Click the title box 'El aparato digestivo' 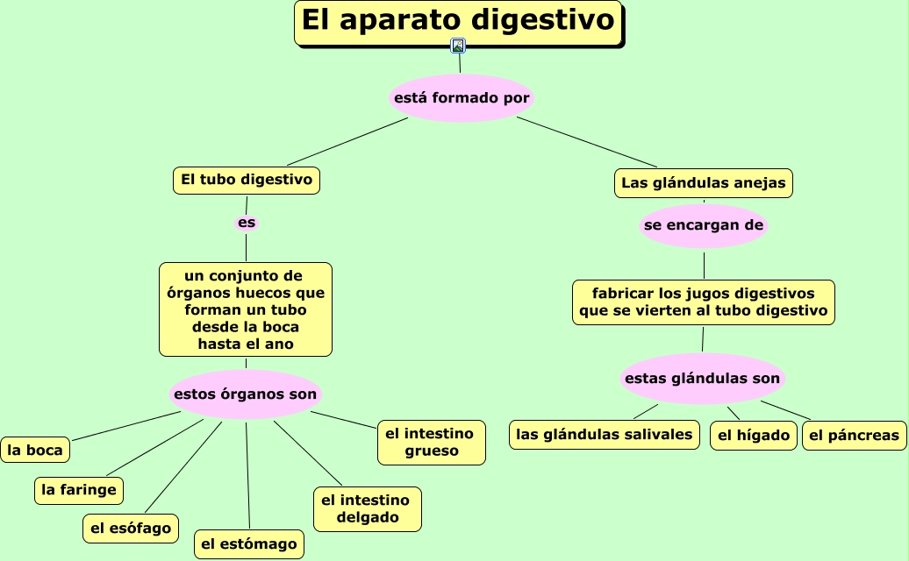tap(458, 22)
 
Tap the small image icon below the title tap(458, 46)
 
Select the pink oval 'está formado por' tap(462, 98)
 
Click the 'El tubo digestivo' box tap(247, 180)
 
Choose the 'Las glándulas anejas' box tap(703, 183)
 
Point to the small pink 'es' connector tap(247, 223)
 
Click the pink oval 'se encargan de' tap(704, 226)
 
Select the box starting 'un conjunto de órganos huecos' tap(246, 309)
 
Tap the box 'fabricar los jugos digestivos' tap(704, 302)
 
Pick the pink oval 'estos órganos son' tap(246, 394)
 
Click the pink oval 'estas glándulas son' tap(702, 379)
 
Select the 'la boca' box tap(35, 451)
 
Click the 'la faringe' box tap(79, 490)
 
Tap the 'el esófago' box tap(132, 529)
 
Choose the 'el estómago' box tap(249, 544)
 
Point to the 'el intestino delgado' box tap(367, 509)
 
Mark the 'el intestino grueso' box tap(431, 442)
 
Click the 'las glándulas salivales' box tap(605, 435)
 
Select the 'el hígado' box tap(754, 436)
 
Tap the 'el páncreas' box tap(854, 436)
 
